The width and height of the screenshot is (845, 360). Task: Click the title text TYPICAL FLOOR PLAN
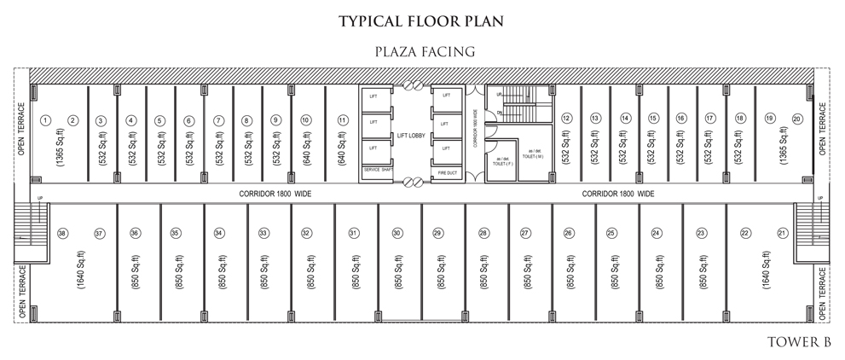(x=421, y=20)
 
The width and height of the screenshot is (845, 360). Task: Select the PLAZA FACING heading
(x=424, y=52)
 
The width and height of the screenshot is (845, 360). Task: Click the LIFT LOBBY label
(x=411, y=135)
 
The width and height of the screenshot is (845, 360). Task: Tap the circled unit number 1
(x=47, y=119)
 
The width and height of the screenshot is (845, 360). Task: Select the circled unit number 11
(x=342, y=119)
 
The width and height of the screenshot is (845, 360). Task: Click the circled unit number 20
(x=797, y=119)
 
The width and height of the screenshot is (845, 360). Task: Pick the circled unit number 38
(x=61, y=233)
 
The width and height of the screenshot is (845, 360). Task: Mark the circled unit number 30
(x=396, y=233)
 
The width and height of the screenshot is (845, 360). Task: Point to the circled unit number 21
(x=782, y=233)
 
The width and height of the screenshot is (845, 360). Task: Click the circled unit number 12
(x=566, y=119)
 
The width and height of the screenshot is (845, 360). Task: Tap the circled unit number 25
(x=611, y=233)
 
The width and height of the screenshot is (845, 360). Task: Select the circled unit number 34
(x=219, y=233)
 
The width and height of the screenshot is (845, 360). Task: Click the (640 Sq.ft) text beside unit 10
(x=305, y=150)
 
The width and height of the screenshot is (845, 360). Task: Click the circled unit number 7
(x=219, y=120)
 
